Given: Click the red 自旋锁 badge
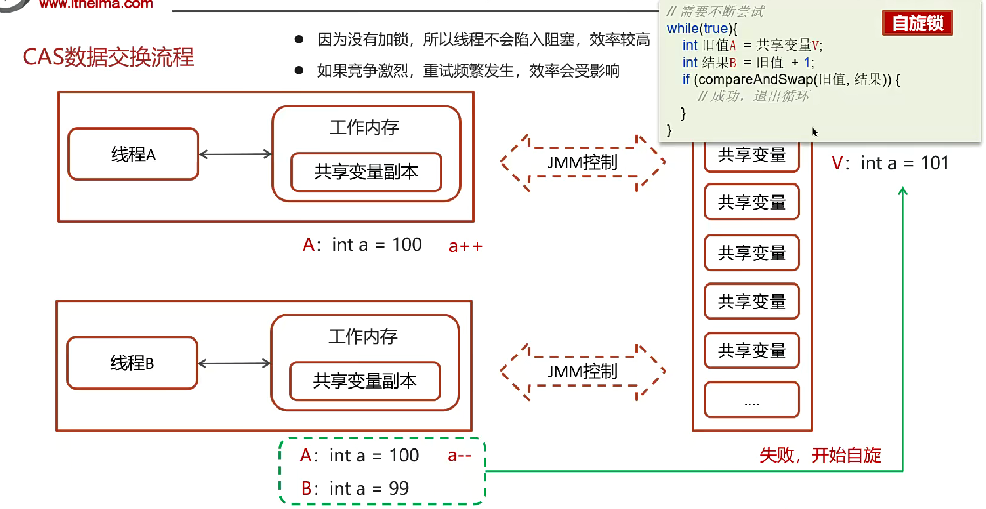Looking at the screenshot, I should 917,23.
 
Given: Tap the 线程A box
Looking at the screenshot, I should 133,154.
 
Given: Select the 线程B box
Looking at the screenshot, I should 132,363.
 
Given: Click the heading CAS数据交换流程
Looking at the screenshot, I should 109,57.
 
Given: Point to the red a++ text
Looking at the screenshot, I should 465,246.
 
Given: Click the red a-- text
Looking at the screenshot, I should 460,456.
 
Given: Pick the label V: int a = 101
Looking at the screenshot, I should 890,163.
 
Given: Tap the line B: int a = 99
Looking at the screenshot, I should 355,488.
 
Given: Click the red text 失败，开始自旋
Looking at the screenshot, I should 820,455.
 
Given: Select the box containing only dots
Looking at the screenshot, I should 751,400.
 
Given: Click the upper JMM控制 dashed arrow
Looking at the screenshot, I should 583,162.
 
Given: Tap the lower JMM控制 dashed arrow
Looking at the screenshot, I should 583,372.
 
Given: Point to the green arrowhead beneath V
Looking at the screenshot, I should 902,191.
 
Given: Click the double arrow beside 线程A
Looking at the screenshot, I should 235,154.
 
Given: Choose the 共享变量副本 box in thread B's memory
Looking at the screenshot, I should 365,381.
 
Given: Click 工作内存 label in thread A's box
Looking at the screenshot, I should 364,128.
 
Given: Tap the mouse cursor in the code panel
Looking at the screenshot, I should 814,132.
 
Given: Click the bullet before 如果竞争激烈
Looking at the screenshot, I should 299,71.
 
